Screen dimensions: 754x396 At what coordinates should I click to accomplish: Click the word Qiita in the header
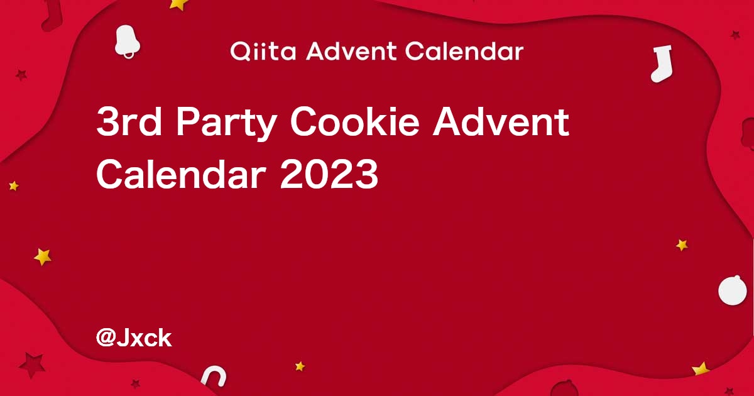(263, 52)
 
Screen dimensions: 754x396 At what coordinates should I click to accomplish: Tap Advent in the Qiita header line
(351, 51)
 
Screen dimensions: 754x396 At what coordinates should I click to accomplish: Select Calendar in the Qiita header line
(464, 51)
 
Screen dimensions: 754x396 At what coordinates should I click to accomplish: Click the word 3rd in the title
(129, 121)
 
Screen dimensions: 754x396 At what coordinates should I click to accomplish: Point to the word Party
(227, 124)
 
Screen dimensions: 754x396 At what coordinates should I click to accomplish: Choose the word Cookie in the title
(354, 121)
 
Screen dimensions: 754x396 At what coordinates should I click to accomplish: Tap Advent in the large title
(501, 121)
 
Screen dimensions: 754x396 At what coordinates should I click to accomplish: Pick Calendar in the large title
(181, 175)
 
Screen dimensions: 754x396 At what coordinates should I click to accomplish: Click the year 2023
(329, 175)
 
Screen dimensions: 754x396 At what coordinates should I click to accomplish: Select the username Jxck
(144, 338)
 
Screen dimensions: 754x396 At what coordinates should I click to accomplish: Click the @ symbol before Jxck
(106, 338)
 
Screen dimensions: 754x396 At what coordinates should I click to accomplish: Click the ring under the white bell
(129, 55)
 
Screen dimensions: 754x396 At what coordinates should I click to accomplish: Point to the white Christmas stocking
(662, 63)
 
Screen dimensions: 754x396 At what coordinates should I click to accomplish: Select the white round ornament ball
(733, 290)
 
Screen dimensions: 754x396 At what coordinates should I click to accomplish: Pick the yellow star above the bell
(178, 4)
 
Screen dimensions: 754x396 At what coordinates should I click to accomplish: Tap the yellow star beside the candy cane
(300, 366)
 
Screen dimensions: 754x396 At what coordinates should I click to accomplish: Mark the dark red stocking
(53, 15)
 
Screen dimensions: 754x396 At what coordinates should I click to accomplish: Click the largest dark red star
(32, 365)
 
